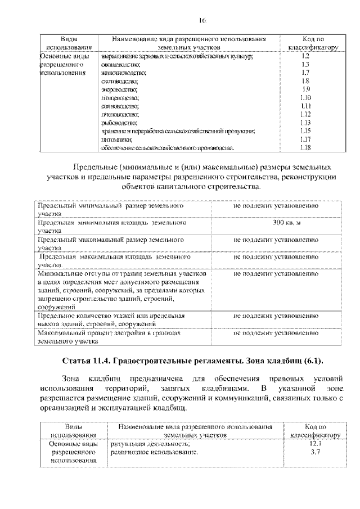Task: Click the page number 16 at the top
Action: pos(202,21)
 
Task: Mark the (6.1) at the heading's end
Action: pos(313,361)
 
